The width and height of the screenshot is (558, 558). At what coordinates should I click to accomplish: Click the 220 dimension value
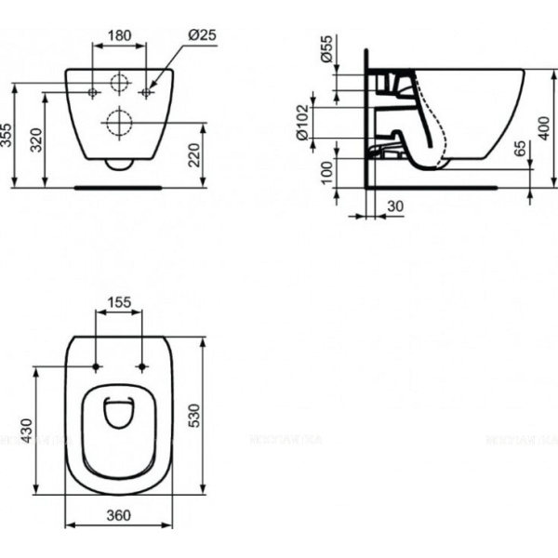point(193,153)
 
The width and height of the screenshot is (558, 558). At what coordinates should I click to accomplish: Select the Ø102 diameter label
point(302,121)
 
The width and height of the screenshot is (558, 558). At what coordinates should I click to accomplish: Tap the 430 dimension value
point(28,431)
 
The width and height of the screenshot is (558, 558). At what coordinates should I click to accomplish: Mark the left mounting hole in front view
point(93,92)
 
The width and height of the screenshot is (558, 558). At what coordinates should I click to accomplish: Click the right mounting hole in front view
point(147,92)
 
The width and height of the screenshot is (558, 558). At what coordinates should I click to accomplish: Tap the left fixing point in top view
point(97,365)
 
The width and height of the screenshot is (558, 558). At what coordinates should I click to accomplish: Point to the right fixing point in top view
point(141,365)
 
